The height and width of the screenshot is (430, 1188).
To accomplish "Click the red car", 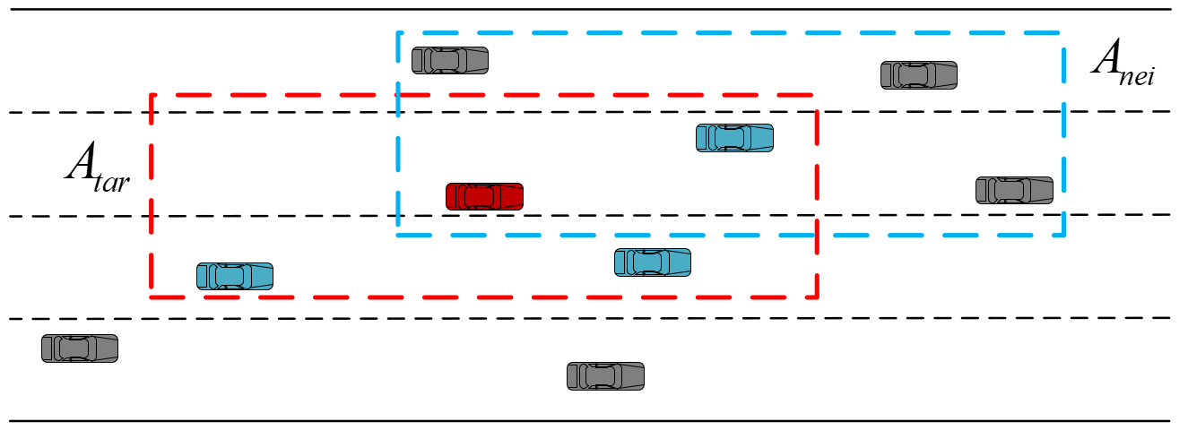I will tap(484, 196).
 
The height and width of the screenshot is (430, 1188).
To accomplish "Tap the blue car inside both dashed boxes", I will tap(734, 137).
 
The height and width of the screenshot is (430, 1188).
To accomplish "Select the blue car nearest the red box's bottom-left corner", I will tap(234, 276).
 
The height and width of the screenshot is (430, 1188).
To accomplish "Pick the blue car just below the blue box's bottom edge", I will tap(652, 262).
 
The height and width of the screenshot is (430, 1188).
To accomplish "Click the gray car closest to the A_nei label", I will tap(918, 74).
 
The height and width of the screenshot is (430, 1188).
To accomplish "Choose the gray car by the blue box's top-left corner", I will tap(449, 60).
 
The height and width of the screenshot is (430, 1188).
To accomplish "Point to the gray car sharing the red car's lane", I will tap(1014, 190).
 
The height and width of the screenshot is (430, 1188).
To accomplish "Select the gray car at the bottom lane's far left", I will tap(79, 348).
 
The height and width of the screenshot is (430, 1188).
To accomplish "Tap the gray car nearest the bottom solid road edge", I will tap(605, 375).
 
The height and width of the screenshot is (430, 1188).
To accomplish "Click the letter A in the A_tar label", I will tap(80, 164).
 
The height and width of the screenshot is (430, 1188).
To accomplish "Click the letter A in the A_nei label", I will tap(1106, 59).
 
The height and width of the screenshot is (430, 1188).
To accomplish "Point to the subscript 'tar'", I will tap(113, 182).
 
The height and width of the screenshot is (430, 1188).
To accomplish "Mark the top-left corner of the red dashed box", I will tap(152, 94).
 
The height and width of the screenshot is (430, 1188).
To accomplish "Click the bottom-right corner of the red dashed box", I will tap(817, 296).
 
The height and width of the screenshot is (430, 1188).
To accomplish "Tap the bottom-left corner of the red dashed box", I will tap(152, 296).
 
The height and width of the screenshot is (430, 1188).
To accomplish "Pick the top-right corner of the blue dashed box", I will tap(1062, 33).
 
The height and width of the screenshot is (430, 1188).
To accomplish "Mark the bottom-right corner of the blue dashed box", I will tap(1063, 235).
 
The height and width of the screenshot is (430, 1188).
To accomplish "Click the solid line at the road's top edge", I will tap(592, 9).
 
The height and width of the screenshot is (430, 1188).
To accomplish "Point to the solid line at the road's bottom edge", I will tap(592, 420).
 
